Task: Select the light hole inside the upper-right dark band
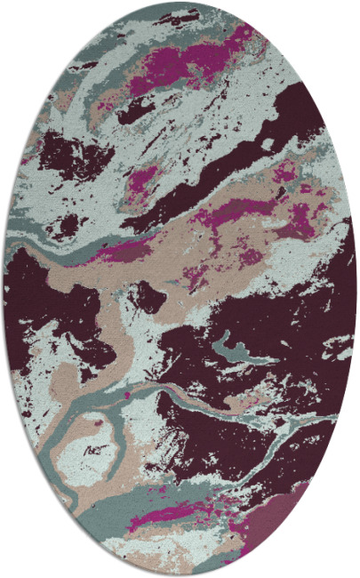pyautogui.click(x=267, y=142)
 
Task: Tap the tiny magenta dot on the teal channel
pyautogui.click(x=129, y=391)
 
